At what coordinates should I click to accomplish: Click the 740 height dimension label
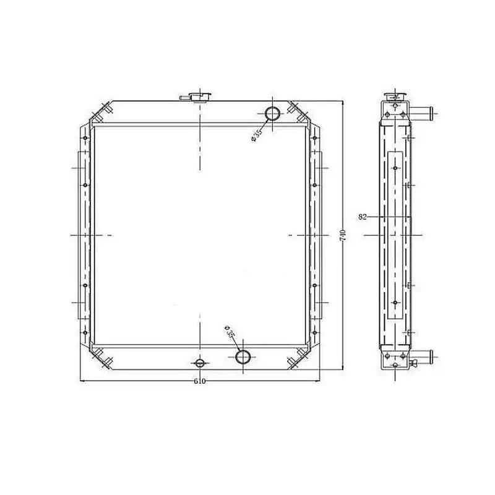click(x=343, y=236)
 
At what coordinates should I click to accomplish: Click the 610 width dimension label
click(x=199, y=381)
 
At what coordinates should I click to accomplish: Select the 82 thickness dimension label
click(x=363, y=217)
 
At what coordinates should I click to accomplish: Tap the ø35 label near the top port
click(x=257, y=135)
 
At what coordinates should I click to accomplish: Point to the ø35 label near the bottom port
click(x=229, y=331)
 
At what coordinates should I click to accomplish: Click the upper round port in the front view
click(x=272, y=114)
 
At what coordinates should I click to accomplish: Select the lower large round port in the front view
click(x=243, y=357)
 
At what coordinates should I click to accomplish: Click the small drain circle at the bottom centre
click(x=200, y=363)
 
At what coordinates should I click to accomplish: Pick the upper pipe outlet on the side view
click(x=421, y=111)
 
